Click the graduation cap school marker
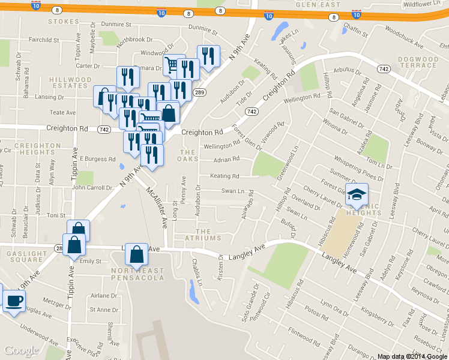357,194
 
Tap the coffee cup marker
14,301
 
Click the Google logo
21,350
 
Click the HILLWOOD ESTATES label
70,83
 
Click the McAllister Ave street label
158,206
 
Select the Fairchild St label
44,40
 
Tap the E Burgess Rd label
97,160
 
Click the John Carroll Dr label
92,187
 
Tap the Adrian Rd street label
226,159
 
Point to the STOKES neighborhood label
63,22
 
